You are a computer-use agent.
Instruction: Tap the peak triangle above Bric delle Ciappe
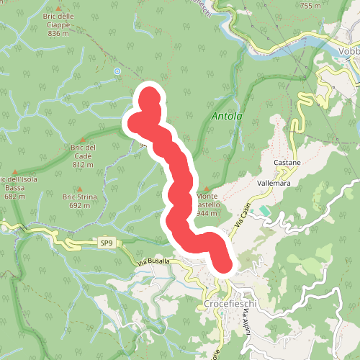tap(58, 8)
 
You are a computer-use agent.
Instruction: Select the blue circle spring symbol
tap(117, 71)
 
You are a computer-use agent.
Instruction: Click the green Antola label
tap(228, 115)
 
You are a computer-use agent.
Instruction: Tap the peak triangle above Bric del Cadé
tap(83, 140)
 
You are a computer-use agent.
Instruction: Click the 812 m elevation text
tap(84, 165)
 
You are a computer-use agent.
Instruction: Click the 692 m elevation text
tap(79, 205)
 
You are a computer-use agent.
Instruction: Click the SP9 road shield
tap(107, 243)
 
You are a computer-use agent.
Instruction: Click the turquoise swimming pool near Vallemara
tap(265, 211)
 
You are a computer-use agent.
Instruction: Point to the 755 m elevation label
tap(310, 6)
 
